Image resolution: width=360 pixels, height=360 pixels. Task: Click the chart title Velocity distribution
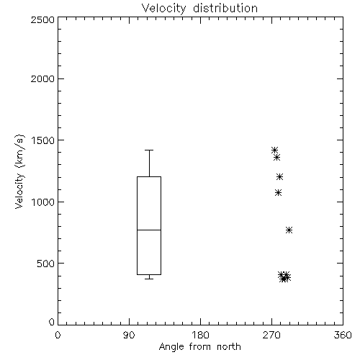click(199, 9)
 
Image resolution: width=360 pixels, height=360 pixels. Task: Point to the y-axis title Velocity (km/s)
click(19, 171)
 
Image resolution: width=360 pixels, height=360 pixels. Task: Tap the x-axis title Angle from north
click(199, 346)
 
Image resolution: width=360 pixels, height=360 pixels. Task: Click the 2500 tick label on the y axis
click(42, 19)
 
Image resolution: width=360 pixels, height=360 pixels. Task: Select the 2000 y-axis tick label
click(42, 78)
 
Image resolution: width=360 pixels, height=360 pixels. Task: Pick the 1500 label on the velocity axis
click(43, 140)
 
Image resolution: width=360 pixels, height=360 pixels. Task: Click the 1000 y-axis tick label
click(43, 202)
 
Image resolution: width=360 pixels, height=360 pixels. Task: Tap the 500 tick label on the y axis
click(46, 264)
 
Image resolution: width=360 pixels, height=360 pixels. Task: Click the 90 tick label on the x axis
click(129, 335)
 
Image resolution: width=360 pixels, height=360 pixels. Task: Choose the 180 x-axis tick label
click(200, 335)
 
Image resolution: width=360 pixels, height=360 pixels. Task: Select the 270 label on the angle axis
click(271, 335)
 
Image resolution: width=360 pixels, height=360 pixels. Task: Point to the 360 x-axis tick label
click(343, 335)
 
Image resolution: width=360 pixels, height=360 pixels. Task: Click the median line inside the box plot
click(149, 230)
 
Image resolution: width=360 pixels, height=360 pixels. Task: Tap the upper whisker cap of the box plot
click(149, 150)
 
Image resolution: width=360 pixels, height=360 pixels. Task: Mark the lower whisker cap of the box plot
click(149, 279)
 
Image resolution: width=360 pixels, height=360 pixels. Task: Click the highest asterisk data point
click(274, 150)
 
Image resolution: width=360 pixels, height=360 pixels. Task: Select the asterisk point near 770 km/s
click(289, 230)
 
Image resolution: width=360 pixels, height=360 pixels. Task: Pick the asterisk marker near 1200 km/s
click(279, 177)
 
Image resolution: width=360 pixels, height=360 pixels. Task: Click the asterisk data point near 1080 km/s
click(278, 193)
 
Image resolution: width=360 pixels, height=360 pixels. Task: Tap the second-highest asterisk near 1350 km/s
click(277, 158)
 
